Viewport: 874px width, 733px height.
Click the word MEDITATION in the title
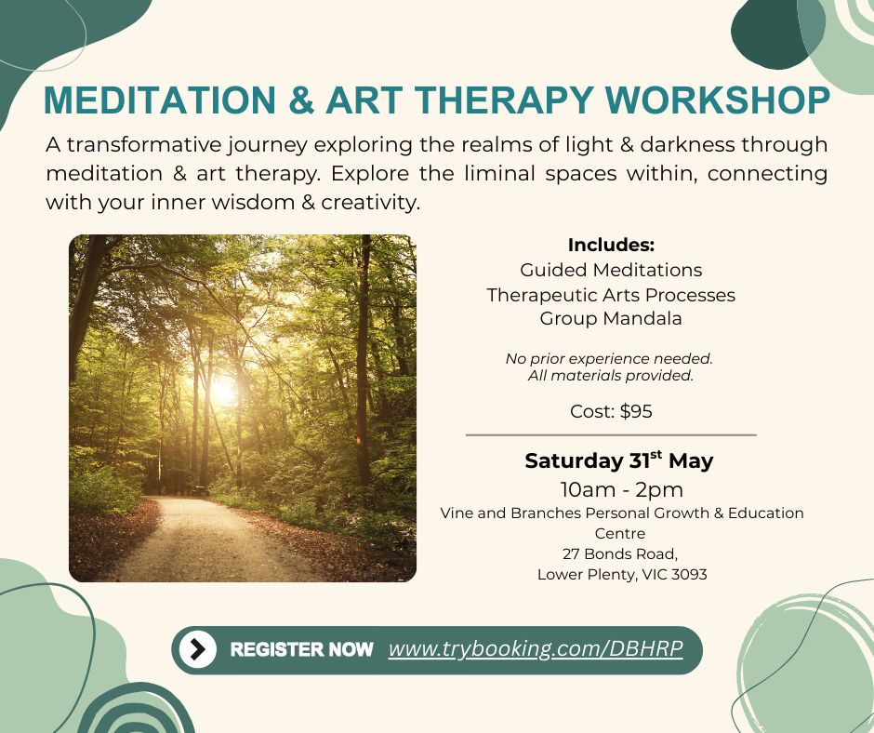(x=160, y=100)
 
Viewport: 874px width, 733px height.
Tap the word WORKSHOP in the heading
(x=718, y=100)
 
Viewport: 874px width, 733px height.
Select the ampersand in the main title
(x=301, y=100)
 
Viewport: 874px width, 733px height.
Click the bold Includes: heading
(x=611, y=245)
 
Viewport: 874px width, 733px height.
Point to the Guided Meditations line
(x=611, y=270)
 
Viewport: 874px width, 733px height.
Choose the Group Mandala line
(x=611, y=318)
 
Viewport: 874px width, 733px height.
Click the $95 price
(x=636, y=412)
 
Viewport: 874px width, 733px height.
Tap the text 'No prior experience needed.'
(x=609, y=359)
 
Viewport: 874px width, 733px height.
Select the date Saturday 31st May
(x=618, y=460)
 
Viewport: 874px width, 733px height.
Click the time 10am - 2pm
(x=621, y=490)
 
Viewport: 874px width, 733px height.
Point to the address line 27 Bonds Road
(x=620, y=553)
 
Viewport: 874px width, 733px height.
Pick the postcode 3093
(x=689, y=575)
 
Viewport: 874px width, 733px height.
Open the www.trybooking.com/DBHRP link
(x=536, y=648)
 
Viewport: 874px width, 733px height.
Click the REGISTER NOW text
(x=301, y=649)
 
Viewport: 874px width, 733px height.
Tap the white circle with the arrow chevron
(x=198, y=649)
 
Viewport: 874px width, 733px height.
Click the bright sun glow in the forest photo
(x=223, y=391)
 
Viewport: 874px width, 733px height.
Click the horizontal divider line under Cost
(x=611, y=434)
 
